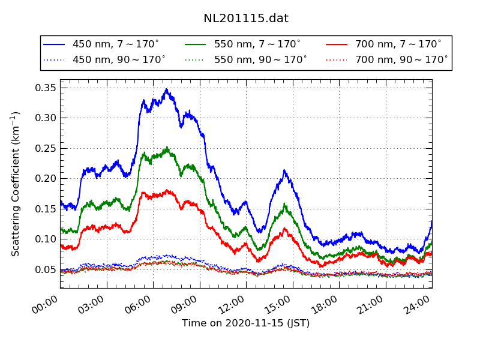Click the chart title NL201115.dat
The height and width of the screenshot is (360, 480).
click(x=246, y=19)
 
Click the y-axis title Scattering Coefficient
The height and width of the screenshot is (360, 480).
click(x=16, y=184)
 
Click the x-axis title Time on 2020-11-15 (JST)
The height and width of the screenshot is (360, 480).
click(x=246, y=323)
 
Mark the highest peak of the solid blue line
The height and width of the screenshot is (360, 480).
click(x=167, y=89)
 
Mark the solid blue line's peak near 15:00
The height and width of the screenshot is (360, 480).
click(x=284, y=170)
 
